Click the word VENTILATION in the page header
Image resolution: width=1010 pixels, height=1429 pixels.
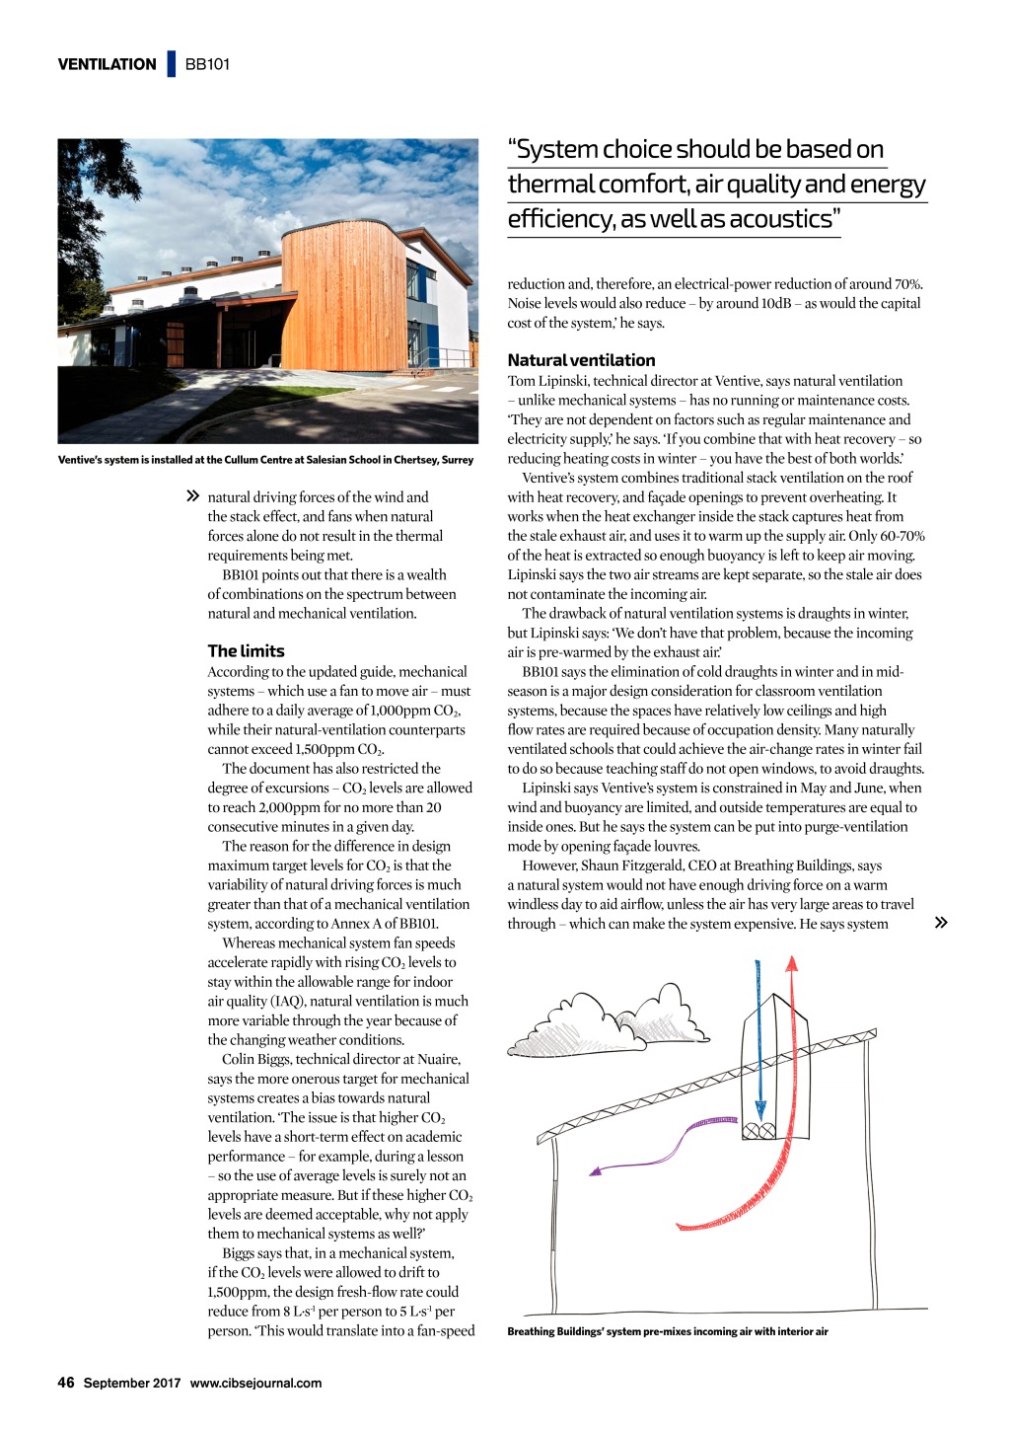107,64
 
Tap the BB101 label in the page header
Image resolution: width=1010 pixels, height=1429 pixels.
207,64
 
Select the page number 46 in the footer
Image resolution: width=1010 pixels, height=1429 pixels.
66,1383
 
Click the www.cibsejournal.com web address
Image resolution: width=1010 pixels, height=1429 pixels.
255,1383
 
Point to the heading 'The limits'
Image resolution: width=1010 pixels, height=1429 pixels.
246,651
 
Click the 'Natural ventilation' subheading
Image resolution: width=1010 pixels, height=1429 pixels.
581,360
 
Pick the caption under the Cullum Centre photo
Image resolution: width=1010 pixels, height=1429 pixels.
265,460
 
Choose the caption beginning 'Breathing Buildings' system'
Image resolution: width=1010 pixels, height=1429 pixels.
668,1331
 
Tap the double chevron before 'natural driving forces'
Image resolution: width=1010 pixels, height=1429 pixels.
192,496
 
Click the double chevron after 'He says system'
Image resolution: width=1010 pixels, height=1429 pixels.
941,923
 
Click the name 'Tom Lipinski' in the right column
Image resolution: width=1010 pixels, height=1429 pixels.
547,381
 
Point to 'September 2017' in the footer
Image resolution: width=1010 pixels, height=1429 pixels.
132,1383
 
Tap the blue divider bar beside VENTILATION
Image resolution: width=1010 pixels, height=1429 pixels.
172,64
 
